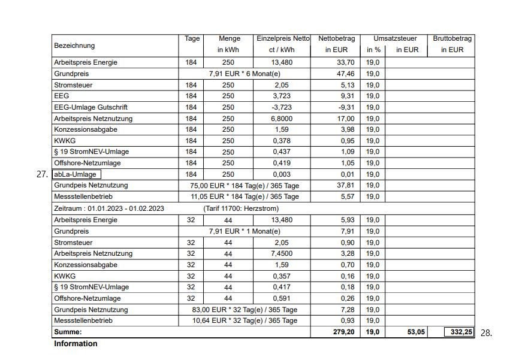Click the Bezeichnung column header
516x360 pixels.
click(74, 46)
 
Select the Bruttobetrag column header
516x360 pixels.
click(452, 44)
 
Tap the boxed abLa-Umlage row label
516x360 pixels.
click(76, 174)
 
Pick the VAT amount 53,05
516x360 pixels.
click(416, 332)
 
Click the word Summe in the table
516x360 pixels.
click(68, 332)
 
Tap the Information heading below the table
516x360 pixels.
click(76, 344)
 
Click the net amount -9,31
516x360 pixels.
click(346, 107)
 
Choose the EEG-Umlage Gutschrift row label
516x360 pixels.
click(90, 107)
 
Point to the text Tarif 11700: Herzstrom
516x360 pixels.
click(241, 208)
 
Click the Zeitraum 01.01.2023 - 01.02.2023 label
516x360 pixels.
click(108, 208)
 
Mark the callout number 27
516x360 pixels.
click(42, 175)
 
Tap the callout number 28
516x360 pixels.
click(486, 333)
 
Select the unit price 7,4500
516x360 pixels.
click(281, 253)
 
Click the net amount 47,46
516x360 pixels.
click(346, 74)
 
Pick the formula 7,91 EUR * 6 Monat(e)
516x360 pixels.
click(245, 74)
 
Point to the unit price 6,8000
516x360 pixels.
click(281, 119)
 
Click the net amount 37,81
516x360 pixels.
click(346, 186)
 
